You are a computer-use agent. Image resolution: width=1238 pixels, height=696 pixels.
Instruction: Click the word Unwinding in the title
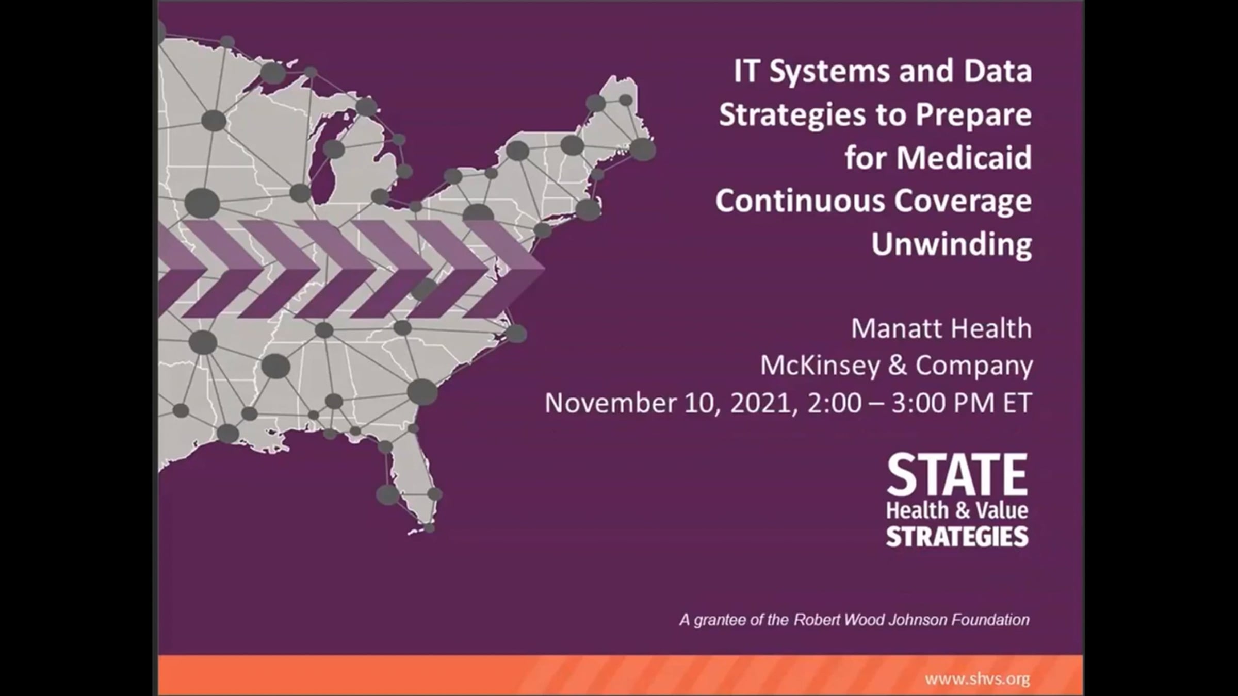[x=952, y=243]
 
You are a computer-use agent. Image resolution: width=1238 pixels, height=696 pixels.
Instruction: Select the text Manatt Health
[x=941, y=328]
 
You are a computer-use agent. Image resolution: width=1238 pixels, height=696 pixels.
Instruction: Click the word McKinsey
[x=820, y=366]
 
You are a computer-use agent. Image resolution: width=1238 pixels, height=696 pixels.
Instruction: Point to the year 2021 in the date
[x=760, y=403]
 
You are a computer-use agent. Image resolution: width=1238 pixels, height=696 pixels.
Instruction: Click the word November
[x=610, y=403]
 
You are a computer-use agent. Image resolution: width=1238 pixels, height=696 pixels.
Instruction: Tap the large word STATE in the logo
[x=957, y=474]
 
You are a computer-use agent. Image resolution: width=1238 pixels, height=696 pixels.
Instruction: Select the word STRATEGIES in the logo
[x=957, y=537]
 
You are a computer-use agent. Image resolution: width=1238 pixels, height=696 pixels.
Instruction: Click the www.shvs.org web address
[x=978, y=678]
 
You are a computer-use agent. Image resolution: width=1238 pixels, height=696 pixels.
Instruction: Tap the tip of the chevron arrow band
[x=544, y=268]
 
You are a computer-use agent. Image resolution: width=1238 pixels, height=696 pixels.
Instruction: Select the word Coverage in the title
[x=963, y=200]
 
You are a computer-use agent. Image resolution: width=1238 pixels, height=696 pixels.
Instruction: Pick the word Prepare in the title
[x=974, y=114]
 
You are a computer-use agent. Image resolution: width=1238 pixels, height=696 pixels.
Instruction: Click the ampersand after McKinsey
[x=898, y=366]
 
